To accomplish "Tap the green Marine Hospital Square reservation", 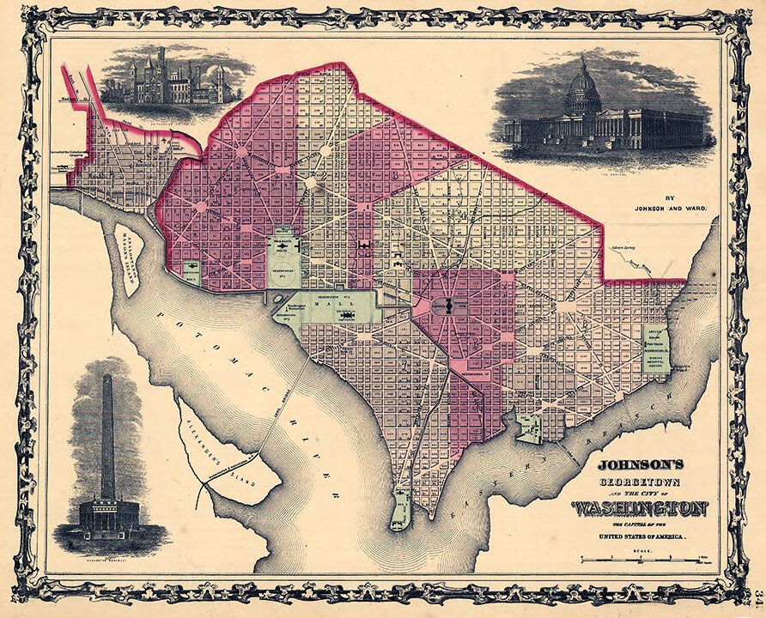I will point(655,348).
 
